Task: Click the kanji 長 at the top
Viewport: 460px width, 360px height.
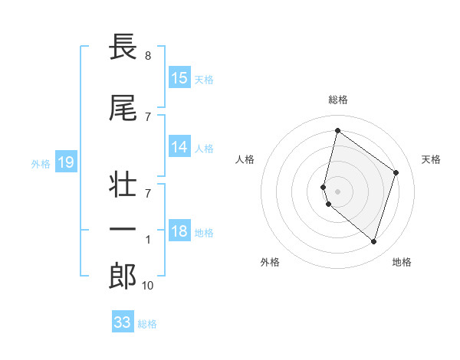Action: coord(123,47)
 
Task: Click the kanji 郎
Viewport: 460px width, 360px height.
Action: coord(123,277)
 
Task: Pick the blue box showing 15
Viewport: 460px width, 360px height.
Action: coord(179,78)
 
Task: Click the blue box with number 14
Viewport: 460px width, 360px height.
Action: coord(179,147)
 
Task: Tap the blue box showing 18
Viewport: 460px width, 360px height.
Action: coord(179,232)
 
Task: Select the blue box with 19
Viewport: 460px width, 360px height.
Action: coord(65,162)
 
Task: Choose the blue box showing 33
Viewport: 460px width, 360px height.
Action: coord(123,322)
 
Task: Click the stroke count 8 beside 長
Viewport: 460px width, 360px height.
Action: coord(147,56)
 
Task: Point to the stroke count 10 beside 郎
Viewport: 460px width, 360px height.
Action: coord(148,286)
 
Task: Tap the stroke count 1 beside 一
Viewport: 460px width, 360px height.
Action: coord(148,240)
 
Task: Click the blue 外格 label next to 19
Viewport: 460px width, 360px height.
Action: coord(41,163)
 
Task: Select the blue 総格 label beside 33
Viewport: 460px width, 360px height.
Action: coord(147,324)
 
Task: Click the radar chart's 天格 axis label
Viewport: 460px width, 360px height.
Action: coord(431,159)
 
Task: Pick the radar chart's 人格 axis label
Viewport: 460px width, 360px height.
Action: coord(245,159)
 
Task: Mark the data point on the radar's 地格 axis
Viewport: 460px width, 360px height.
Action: coord(373,242)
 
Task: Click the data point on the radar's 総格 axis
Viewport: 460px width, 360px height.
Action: coord(337,131)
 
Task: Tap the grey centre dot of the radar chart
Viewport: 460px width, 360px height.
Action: coord(337,191)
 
